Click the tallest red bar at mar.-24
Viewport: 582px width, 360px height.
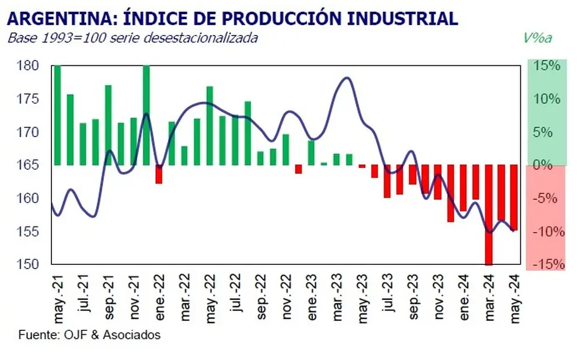tap(489, 215)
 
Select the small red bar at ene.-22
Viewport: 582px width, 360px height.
tap(159, 174)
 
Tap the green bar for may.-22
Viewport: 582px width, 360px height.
tap(210, 126)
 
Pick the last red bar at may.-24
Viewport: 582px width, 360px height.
tap(514, 198)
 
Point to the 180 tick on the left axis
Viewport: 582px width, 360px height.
tap(27, 66)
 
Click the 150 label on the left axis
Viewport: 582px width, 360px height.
tap(27, 264)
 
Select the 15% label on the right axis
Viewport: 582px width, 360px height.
tap(546, 66)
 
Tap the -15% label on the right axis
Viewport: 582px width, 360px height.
tap(549, 264)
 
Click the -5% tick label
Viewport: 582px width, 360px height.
tap(545, 198)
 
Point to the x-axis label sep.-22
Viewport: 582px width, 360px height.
tap(261, 296)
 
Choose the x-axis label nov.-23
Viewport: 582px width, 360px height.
tap(438, 296)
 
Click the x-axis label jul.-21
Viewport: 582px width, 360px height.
tap(83, 293)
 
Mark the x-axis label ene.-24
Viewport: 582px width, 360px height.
tap(464, 298)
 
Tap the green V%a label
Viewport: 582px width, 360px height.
tap(538, 38)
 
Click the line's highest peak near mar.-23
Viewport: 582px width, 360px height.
tap(346, 78)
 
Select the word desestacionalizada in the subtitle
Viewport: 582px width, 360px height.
tap(200, 38)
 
